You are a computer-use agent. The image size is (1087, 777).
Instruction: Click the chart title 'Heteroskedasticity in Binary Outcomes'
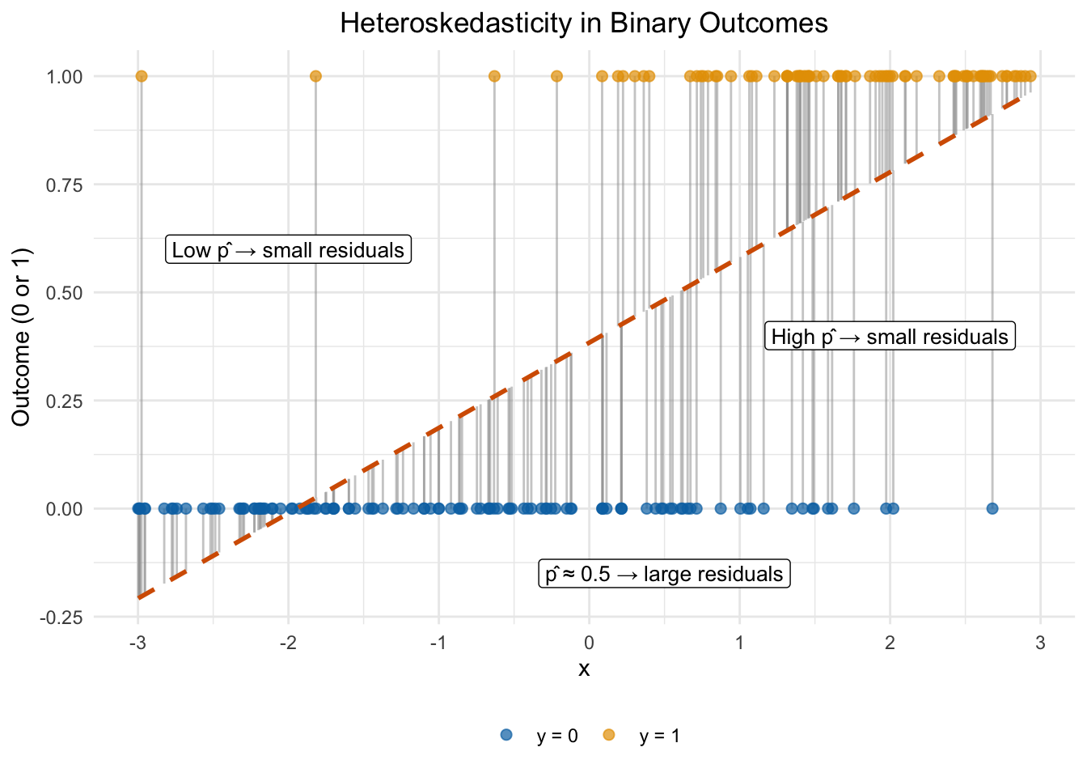point(584,23)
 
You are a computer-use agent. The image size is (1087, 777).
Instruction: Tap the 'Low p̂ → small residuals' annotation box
point(288,249)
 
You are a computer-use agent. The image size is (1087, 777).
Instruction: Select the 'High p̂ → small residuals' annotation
point(890,336)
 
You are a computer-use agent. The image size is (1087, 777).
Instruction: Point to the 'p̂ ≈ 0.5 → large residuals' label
point(664,574)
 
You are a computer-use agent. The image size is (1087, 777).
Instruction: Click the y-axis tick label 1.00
point(64,76)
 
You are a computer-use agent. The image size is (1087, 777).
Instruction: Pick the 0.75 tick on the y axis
point(64,185)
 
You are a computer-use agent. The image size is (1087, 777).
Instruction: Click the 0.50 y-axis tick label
point(64,293)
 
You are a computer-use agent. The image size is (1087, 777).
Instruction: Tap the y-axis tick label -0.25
point(61,618)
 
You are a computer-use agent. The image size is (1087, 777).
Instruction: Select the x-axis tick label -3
point(137,643)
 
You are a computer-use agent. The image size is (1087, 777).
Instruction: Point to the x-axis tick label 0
point(589,643)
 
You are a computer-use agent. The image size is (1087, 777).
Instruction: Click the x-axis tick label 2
point(890,643)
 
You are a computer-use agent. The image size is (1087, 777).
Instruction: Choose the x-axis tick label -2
point(288,643)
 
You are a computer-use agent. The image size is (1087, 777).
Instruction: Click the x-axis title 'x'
point(584,669)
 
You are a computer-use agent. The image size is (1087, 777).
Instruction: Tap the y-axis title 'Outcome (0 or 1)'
point(21,337)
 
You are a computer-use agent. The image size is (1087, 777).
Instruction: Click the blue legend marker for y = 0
point(506,735)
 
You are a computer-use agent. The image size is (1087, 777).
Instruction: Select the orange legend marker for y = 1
point(608,735)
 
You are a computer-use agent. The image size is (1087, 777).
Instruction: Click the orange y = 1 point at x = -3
point(142,76)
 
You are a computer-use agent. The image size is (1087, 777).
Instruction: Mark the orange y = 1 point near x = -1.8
point(315,76)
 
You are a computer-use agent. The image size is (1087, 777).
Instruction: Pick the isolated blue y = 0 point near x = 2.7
point(992,508)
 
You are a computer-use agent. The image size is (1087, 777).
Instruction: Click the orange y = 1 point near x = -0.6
point(494,76)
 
